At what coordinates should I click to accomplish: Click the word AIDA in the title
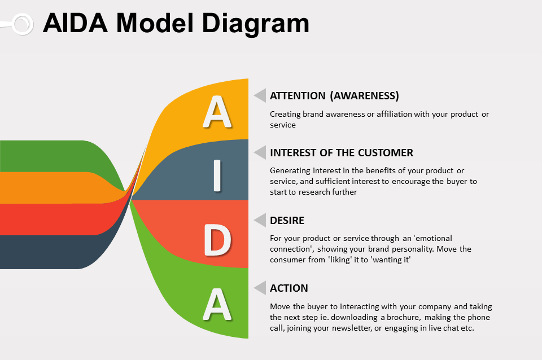75,24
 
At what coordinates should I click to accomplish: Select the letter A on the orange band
217,112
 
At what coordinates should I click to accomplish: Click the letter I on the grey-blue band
217,176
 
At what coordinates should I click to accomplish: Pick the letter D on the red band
217,240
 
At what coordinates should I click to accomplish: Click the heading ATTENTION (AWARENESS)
334,95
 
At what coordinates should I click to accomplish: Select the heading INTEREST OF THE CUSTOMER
342,152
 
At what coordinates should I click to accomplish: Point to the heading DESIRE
287,220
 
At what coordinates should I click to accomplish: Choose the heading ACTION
289,288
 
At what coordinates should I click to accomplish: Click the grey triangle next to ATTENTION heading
260,95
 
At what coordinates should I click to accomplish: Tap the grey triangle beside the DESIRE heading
260,220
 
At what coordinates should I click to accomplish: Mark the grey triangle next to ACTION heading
260,288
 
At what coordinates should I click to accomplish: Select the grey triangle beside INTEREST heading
260,152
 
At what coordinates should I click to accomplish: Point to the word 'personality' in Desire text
411,249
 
